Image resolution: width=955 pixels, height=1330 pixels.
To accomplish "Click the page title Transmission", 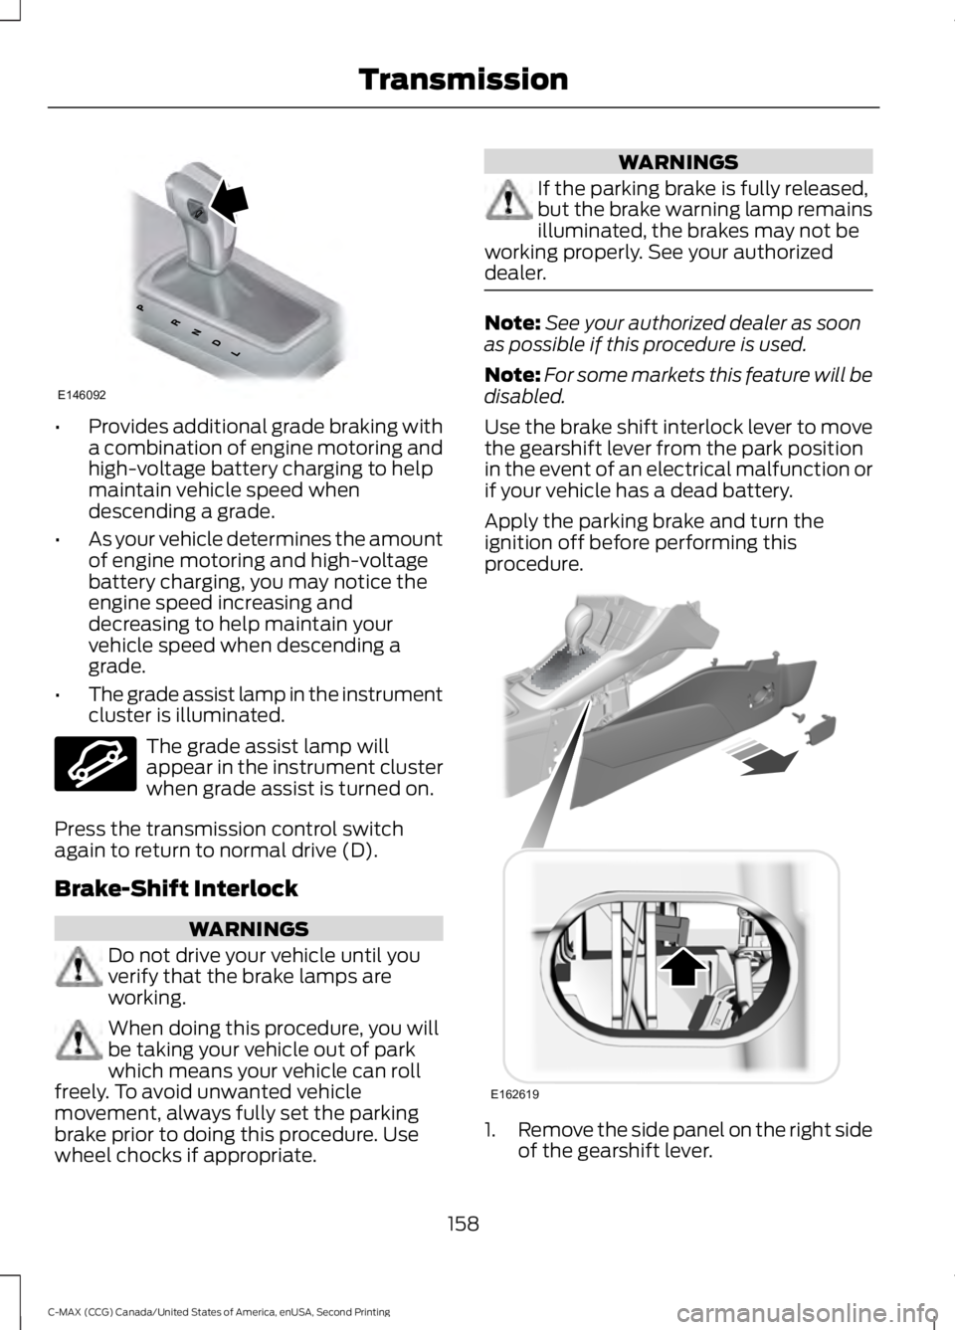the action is click(463, 80).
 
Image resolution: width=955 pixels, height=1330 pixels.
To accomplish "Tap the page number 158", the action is click(464, 1224).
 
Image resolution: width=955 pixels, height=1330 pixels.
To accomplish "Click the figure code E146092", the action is click(82, 394).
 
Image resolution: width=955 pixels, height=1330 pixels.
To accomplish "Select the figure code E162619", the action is click(514, 1093).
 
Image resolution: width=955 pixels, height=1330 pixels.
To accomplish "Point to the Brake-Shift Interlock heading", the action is click(176, 889).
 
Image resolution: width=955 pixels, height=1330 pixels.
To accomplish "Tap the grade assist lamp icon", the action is click(95, 764).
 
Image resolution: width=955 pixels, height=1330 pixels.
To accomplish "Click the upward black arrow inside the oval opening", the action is click(683, 966).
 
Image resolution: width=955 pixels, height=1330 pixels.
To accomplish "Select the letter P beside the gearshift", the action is click(140, 307).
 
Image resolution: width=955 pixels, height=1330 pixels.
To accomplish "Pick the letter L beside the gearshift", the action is click(237, 354).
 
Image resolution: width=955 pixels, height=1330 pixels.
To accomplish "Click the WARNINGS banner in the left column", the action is click(249, 929).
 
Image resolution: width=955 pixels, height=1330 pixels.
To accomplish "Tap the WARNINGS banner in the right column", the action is click(678, 161).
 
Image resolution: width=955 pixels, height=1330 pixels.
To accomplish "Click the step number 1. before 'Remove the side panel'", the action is click(493, 1130).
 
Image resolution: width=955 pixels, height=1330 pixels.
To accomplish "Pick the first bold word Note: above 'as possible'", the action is click(512, 323).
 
